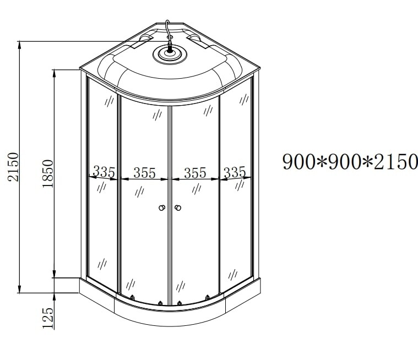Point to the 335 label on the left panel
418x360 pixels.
[x=104, y=172]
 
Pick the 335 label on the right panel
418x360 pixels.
[x=235, y=172]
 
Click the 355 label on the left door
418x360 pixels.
[x=144, y=173]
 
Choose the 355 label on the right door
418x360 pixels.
[x=195, y=173]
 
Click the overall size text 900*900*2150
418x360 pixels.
[x=350, y=162]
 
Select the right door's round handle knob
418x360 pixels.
[x=178, y=208]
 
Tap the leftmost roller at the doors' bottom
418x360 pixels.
[x=132, y=298]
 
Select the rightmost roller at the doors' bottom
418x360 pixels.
[x=208, y=298]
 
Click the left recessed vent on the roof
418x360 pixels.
[x=145, y=40]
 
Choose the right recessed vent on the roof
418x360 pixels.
[x=196, y=40]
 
